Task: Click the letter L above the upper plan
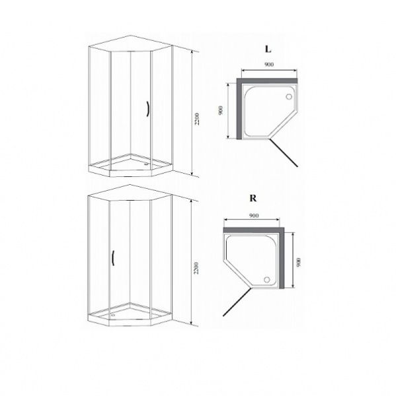point(268,49)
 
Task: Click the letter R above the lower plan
point(253,198)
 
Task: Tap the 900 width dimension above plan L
point(269,65)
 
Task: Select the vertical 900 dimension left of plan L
point(221,110)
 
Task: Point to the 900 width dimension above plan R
point(254,215)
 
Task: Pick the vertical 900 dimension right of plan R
point(299,263)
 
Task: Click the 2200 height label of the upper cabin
point(197,119)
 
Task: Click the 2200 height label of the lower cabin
point(196,268)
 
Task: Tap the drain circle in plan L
point(289,96)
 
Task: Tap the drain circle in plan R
point(267,280)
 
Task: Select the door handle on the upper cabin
point(147,109)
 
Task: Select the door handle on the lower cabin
point(113,258)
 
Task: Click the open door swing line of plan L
point(283,153)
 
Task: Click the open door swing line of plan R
point(237,302)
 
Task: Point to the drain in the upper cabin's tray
point(146,164)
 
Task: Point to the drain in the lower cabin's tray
point(113,315)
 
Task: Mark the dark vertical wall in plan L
point(239,109)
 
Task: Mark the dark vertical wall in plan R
point(282,258)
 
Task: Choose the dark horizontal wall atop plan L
point(267,81)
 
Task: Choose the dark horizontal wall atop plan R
point(254,230)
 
